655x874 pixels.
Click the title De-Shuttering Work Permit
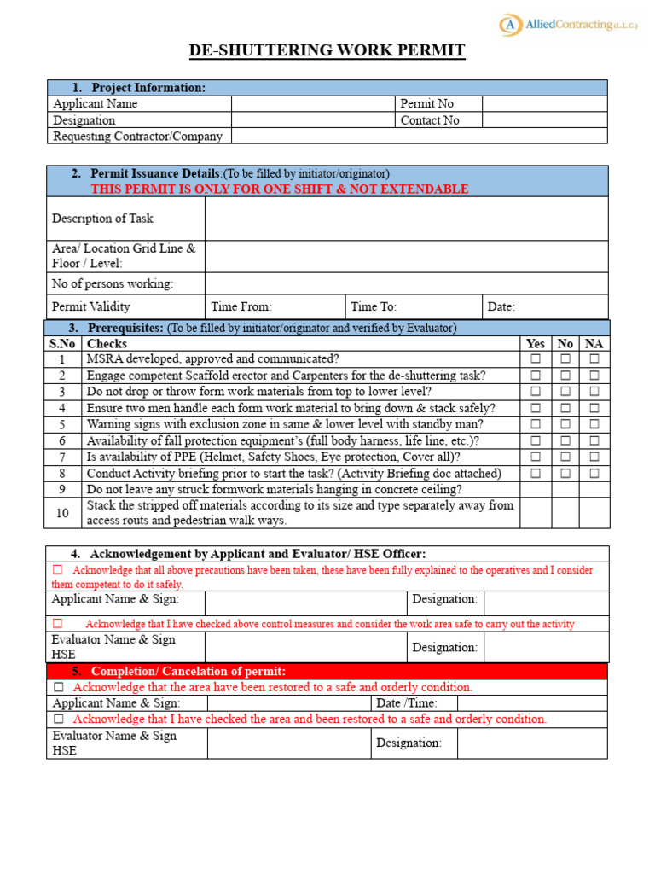point(327,51)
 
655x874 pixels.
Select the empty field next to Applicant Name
point(313,104)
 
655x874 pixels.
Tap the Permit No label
point(427,104)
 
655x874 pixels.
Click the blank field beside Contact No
point(544,120)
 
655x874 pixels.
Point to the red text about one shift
point(280,189)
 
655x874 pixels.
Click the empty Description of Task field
point(406,218)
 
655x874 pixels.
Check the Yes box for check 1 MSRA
point(536,360)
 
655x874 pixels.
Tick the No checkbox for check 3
point(565,393)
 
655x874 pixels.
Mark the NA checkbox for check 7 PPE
point(594,457)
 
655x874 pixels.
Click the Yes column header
point(536,344)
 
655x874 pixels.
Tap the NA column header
point(594,344)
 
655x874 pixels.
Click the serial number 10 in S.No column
point(62,513)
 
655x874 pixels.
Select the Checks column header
point(107,344)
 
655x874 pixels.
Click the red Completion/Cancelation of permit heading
point(188,671)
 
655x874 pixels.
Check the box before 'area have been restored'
point(59,687)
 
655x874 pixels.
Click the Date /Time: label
point(407,703)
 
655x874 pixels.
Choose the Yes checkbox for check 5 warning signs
point(536,425)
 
